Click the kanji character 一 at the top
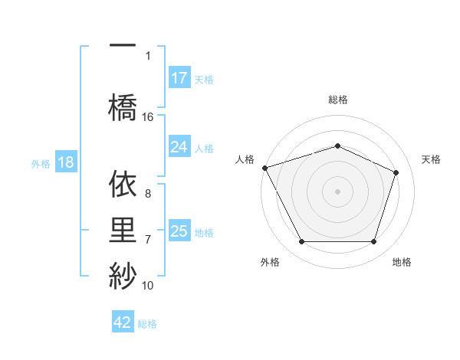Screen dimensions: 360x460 click(123, 44)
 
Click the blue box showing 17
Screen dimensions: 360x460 click(179, 78)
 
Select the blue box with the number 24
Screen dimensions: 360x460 click(179, 147)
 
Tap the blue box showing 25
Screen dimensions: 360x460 click(179, 231)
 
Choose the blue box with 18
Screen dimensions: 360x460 click(65, 163)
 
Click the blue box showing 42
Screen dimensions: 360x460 click(123, 322)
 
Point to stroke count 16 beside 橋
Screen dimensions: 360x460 click(148, 117)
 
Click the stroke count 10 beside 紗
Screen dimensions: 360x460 click(148, 286)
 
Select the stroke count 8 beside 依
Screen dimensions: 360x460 click(148, 194)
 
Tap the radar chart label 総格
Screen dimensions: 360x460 click(338, 100)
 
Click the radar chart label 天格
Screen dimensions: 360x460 click(432, 159)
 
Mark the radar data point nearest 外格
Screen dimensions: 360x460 click(301, 242)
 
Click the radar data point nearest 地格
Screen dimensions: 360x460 click(374, 242)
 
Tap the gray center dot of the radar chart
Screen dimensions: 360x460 click(338, 191)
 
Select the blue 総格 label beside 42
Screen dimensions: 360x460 click(147, 324)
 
